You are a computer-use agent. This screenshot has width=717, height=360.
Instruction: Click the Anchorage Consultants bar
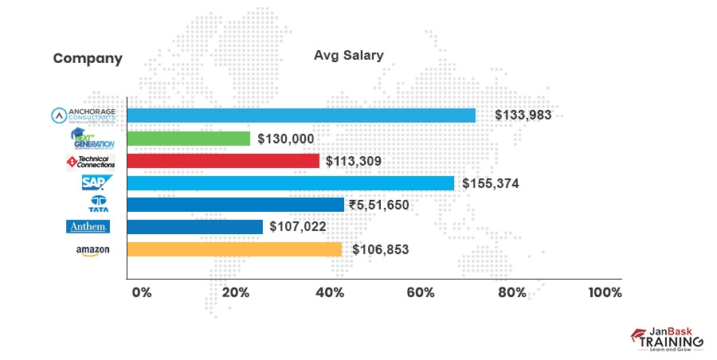click(x=301, y=115)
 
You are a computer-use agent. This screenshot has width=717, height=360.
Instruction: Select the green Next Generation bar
click(x=189, y=139)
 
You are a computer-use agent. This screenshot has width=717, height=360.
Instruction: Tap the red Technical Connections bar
click(x=223, y=161)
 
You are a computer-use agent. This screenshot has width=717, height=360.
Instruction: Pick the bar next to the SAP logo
click(x=291, y=183)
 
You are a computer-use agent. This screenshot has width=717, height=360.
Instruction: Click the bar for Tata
click(x=236, y=205)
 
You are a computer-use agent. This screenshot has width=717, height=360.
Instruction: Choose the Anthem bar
click(x=195, y=227)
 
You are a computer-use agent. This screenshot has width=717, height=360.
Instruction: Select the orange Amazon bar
click(x=235, y=249)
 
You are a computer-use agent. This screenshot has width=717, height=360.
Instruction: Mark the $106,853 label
click(x=379, y=249)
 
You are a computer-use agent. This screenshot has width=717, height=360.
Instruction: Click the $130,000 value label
click(x=285, y=139)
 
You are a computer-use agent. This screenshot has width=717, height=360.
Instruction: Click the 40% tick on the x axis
click(x=330, y=292)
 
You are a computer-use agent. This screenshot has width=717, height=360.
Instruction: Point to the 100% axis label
click(x=605, y=292)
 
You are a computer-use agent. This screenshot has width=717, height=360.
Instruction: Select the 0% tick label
click(x=141, y=292)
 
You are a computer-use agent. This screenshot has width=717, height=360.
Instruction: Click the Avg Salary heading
click(x=348, y=56)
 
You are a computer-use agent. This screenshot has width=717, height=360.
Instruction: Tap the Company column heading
click(x=88, y=58)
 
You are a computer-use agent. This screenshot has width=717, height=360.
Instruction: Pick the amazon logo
click(x=92, y=250)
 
